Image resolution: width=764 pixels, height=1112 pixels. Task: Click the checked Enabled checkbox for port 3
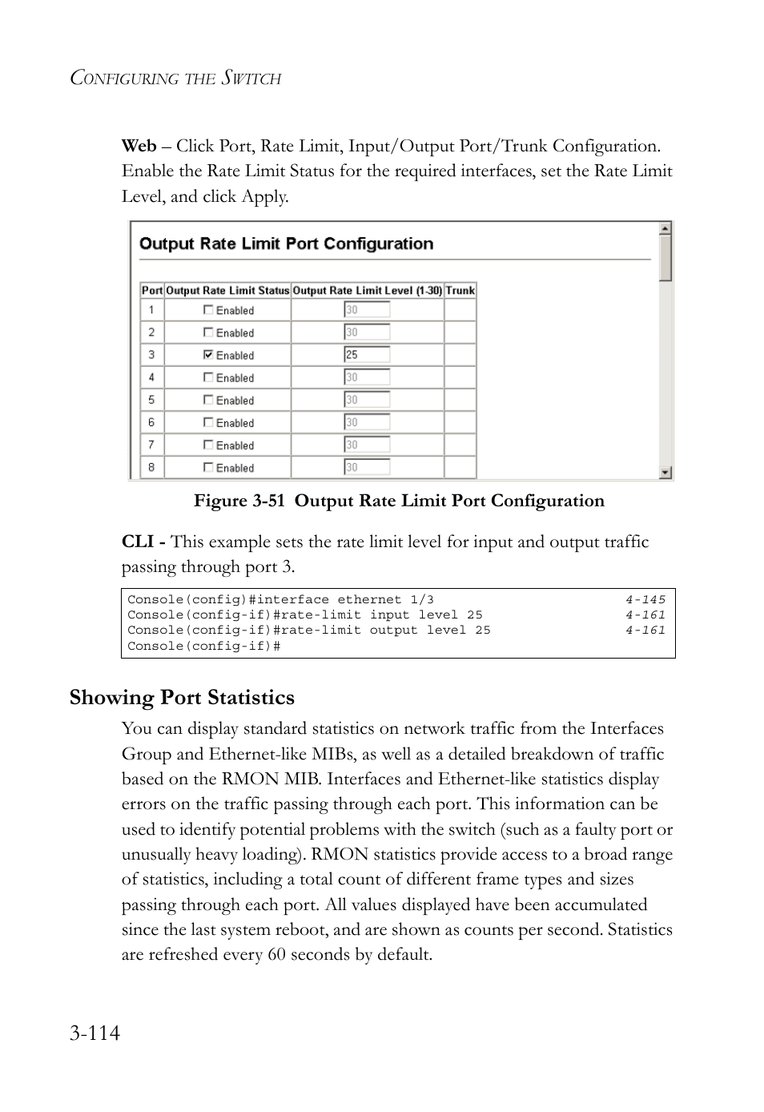pyautogui.click(x=208, y=354)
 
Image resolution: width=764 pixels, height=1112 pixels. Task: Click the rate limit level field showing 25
pyautogui.click(x=367, y=354)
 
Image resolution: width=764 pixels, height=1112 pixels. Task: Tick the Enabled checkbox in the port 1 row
pyautogui.click(x=208, y=309)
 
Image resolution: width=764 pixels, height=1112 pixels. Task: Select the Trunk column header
pyautogui.click(x=460, y=291)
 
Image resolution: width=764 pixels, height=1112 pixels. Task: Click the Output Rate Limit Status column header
pyautogui.click(x=227, y=291)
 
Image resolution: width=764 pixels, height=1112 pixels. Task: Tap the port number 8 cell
pyautogui.click(x=151, y=466)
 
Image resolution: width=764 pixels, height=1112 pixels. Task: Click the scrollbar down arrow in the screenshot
pyautogui.click(x=665, y=473)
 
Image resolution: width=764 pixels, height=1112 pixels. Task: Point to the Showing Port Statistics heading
pyautogui.click(x=182, y=698)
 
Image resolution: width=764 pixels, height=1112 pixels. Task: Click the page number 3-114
pyautogui.click(x=94, y=1033)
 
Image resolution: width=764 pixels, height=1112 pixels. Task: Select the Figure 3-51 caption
pyautogui.click(x=399, y=501)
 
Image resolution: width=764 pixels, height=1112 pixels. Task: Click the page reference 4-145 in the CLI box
pyautogui.click(x=645, y=599)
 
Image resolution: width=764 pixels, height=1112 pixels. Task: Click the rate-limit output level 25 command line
pyautogui.click(x=308, y=631)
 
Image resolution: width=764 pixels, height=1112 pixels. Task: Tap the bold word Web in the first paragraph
pyautogui.click(x=139, y=146)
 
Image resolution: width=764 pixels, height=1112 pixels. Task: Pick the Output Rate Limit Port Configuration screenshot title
pyautogui.click(x=286, y=244)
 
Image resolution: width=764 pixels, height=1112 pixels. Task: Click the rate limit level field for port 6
pyautogui.click(x=367, y=421)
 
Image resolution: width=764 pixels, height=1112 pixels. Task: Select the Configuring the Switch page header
pyautogui.click(x=175, y=78)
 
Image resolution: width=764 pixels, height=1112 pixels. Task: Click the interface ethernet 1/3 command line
pyautogui.click(x=280, y=599)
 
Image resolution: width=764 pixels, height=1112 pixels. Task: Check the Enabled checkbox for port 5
pyautogui.click(x=208, y=399)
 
